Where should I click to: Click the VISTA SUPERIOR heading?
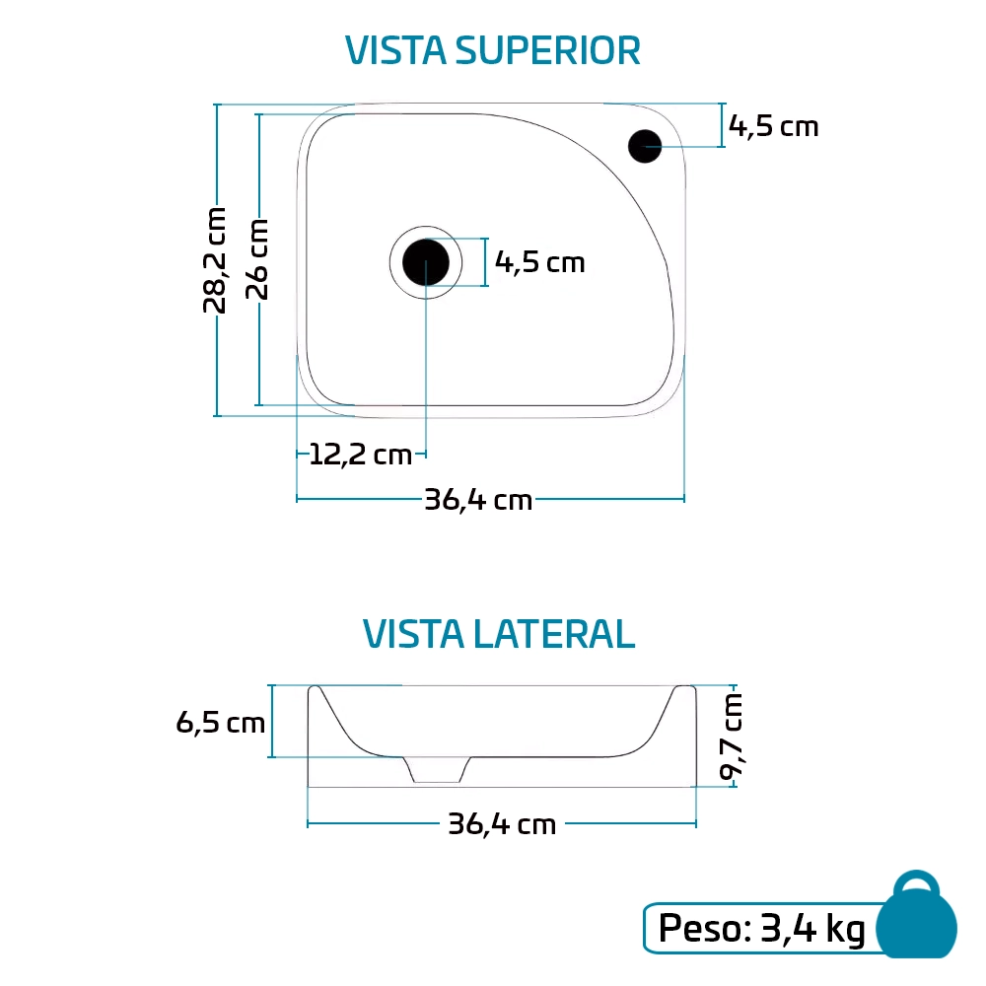click(493, 50)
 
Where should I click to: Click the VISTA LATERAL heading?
click(499, 634)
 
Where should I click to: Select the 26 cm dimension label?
click(257, 258)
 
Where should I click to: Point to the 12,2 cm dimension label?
click(360, 455)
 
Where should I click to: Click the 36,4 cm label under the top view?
click(478, 500)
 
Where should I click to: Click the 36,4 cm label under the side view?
click(502, 823)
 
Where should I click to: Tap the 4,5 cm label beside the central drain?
click(539, 262)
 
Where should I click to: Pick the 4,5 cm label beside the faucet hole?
click(774, 126)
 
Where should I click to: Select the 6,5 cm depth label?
click(221, 723)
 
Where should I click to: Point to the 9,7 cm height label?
click(731, 736)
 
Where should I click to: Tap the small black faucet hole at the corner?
click(645, 146)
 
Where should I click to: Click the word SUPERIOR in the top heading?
click(546, 50)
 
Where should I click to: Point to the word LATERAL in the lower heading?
click(553, 634)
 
